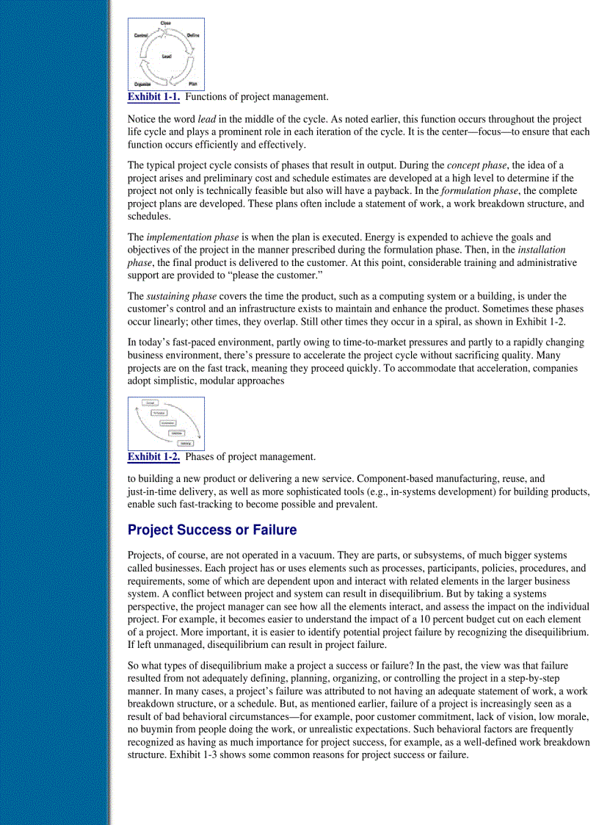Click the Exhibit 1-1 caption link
153,97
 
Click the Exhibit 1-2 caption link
153,457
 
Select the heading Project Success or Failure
212,530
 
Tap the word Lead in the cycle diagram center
167,57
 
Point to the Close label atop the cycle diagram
166,24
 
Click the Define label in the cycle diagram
193,35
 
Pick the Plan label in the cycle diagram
192,84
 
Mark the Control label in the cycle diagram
141,35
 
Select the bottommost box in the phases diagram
186,443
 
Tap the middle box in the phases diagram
167,423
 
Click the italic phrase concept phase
477,165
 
